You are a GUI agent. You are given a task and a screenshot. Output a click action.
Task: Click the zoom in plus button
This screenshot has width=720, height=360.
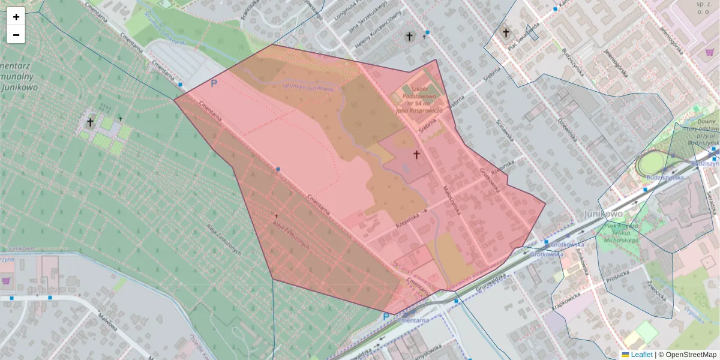[x=16, y=17]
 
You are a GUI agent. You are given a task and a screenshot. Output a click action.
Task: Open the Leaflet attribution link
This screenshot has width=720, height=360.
[x=641, y=355]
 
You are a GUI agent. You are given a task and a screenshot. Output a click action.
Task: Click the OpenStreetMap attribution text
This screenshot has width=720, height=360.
[x=691, y=355]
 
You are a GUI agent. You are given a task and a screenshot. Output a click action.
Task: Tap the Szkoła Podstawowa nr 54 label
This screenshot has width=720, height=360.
[x=419, y=98]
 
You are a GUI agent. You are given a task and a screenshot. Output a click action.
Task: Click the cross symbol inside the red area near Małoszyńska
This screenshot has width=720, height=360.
[x=416, y=155]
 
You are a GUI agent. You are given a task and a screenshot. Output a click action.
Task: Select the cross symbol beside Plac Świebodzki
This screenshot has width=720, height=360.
[x=506, y=32]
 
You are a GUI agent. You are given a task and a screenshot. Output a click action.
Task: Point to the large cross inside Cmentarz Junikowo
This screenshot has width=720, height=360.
[x=90, y=123]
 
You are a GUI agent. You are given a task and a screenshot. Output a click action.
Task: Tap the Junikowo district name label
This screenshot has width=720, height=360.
[x=604, y=214]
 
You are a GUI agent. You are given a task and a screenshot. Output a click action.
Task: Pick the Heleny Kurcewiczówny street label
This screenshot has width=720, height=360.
[x=377, y=32]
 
